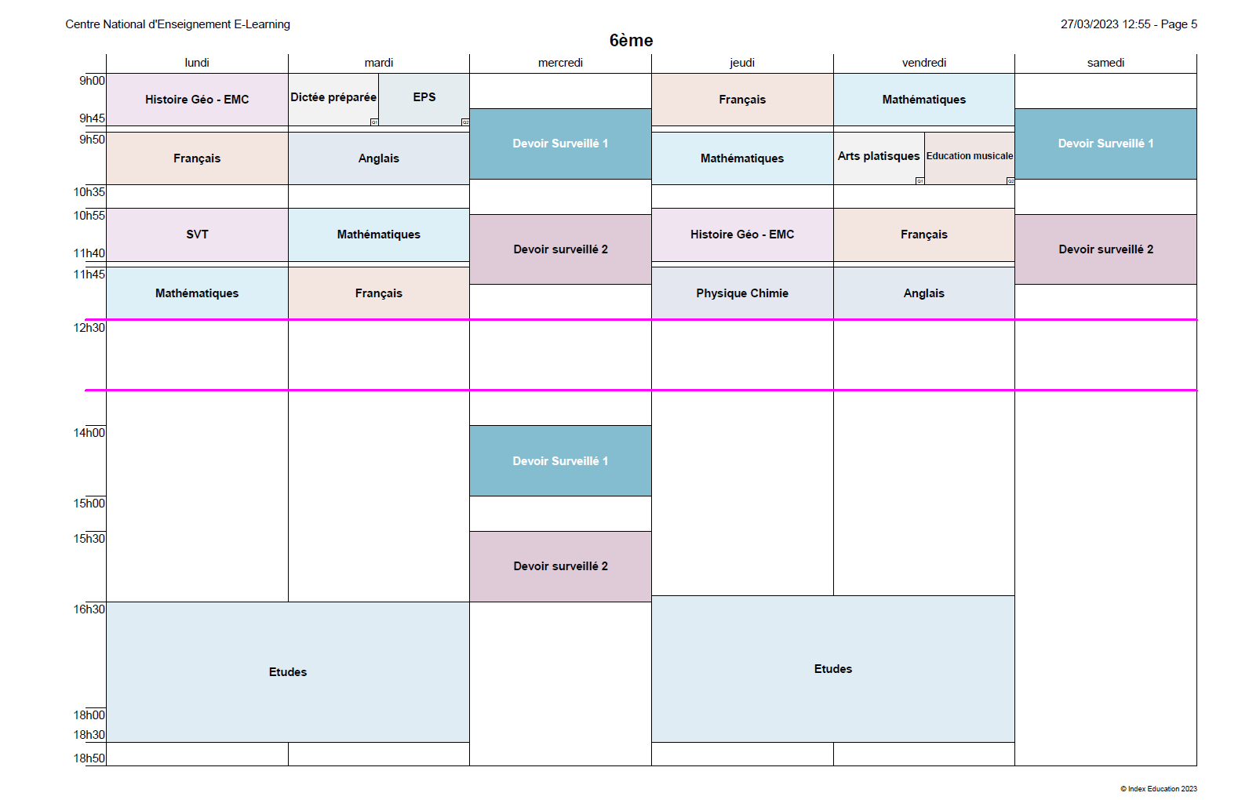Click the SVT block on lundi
[x=197, y=235]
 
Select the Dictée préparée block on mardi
[x=333, y=100]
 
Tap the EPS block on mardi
[x=424, y=100]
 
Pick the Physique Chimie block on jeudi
[x=742, y=293]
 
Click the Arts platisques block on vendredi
[x=879, y=158]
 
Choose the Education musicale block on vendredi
[x=970, y=158]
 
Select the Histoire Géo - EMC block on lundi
[x=197, y=100]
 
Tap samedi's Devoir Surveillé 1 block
[x=1106, y=144]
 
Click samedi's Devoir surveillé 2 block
[x=1106, y=249]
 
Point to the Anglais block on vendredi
[x=923, y=293]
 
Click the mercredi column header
[x=560, y=63]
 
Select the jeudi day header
[x=742, y=63]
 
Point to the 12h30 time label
[x=89, y=328]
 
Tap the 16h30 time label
[x=89, y=609]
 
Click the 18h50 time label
[x=89, y=758]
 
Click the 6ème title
[x=631, y=41]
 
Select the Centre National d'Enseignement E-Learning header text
[x=178, y=24]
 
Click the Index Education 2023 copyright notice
[x=1159, y=789]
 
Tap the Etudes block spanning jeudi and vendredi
[x=833, y=669]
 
